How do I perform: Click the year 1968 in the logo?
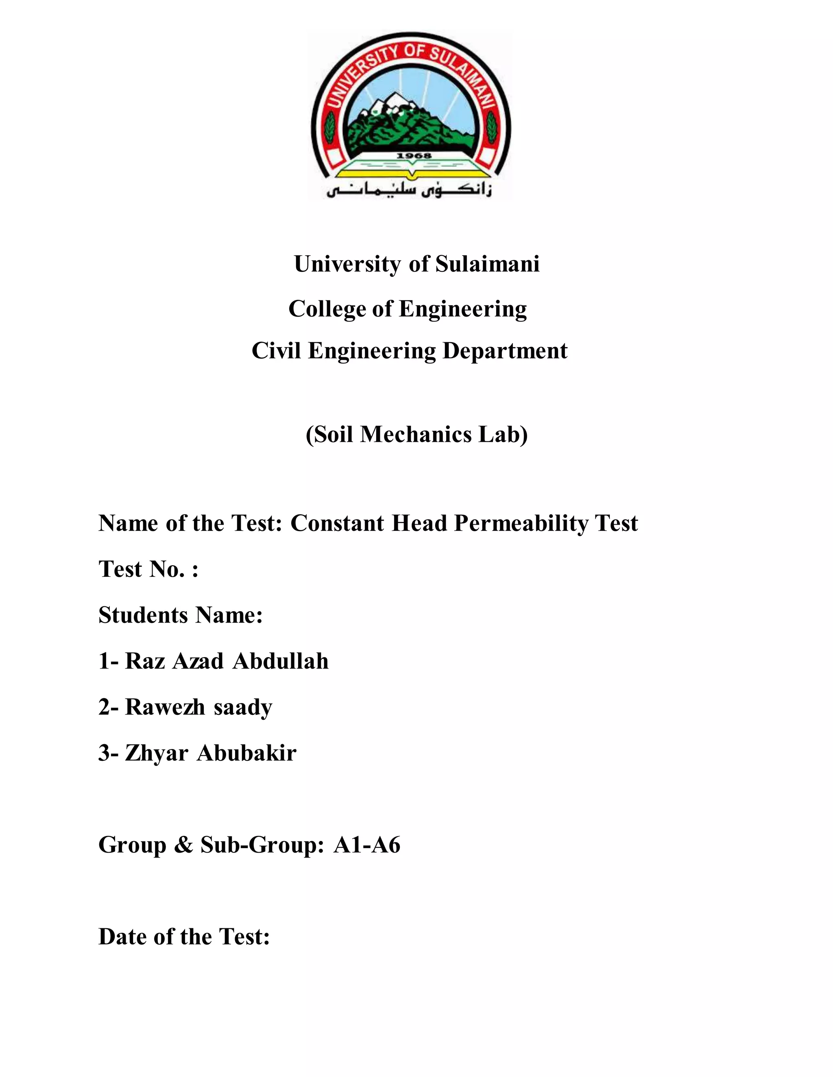click(414, 156)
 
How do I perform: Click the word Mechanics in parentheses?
click(416, 434)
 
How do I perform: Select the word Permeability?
click(521, 523)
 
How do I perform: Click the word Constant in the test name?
click(337, 523)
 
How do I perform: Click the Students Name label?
click(180, 615)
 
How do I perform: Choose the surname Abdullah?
click(280, 661)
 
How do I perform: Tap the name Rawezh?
click(165, 707)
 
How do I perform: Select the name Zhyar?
click(157, 753)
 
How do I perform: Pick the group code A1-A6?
click(366, 845)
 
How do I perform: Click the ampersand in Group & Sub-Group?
click(183, 845)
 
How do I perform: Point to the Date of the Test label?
click(184, 937)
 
